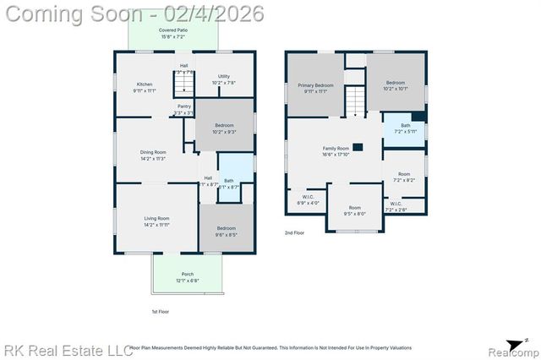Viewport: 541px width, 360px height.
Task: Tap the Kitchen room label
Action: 145,86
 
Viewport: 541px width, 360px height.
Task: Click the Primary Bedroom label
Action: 314,88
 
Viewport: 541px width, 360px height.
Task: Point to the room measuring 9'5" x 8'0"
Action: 354,210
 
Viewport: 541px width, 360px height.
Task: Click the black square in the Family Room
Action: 358,147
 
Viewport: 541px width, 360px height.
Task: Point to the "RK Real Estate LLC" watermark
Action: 68,349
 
